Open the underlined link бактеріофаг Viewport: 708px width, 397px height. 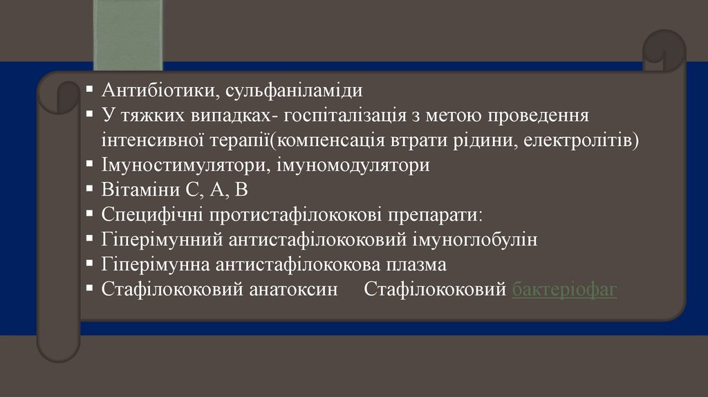565,290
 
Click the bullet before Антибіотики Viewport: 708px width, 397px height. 91,90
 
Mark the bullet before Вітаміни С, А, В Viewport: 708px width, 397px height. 91,190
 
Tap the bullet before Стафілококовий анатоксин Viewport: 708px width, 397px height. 91,289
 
